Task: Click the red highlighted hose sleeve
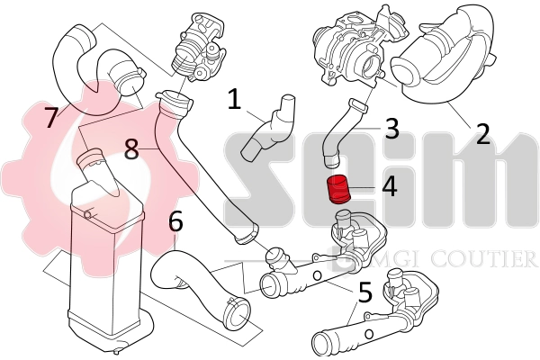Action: (339, 191)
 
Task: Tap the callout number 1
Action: (233, 101)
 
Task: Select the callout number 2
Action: (482, 135)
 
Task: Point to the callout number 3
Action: (391, 129)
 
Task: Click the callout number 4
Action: (389, 188)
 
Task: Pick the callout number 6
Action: (175, 220)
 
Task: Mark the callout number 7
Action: (50, 118)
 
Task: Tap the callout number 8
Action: (132, 148)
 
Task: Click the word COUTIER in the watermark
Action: (490, 259)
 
